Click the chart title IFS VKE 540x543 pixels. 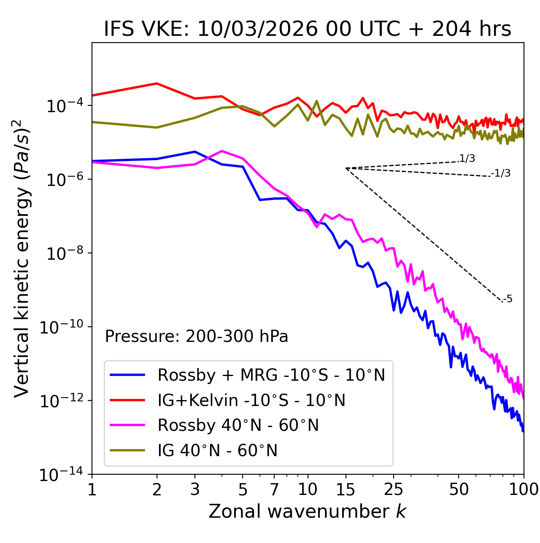pyautogui.click(x=308, y=30)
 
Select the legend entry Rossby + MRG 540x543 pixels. pyautogui.click(x=271, y=375)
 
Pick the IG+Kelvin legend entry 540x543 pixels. pyautogui.click(x=251, y=400)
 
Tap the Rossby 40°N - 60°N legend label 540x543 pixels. pyautogui.click(x=238, y=425)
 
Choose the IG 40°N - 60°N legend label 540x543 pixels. pyautogui.click(x=218, y=451)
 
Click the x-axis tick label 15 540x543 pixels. pyautogui.click(x=346, y=489)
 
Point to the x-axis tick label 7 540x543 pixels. pyautogui.click(x=274, y=489)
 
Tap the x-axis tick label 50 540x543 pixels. pyautogui.click(x=459, y=489)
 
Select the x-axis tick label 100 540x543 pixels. pyautogui.click(x=524, y=489)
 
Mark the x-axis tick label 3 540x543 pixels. pyautogui.click(x=194, y=489)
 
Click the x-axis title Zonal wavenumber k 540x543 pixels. pyautogui.click(x=308, y=511)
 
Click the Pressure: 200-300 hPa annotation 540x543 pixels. pyautogui.click(x=197, y=336)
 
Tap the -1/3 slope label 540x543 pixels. pyautogui.click(x=501, y=173)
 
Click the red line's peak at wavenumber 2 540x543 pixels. pyautogui.click(x=157, y=83)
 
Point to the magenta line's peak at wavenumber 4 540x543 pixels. pyautogui.click(x=222, y=151)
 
